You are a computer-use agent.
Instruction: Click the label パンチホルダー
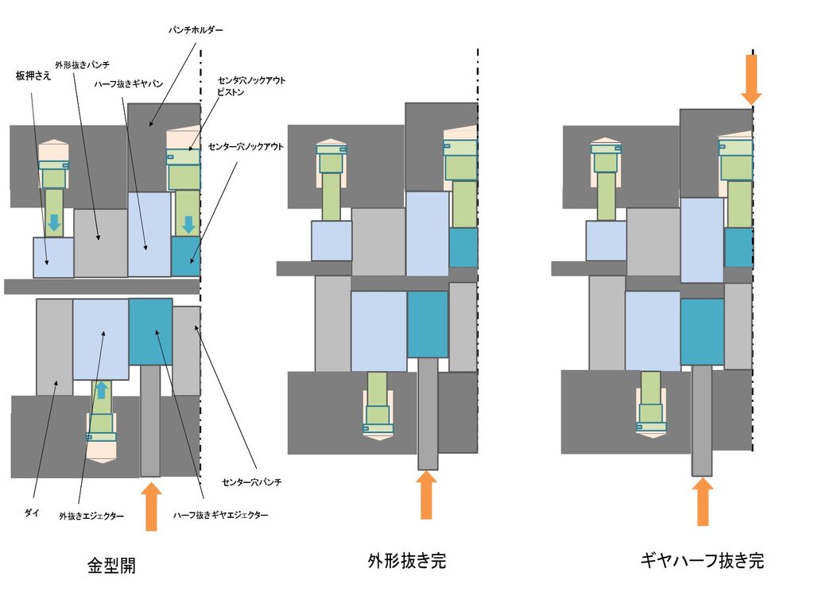[x=196, y=30]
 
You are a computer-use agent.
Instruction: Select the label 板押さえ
[x=33, y=75]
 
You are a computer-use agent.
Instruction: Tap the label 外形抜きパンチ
[x=82, y=65]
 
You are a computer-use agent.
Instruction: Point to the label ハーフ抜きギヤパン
[x=128, y=83]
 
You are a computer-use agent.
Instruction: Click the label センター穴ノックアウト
[x=246, y=147]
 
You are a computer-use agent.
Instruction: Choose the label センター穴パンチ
[x=252, y=482]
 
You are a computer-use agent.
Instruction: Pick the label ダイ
[x=32, y=512]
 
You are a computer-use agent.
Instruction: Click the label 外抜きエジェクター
[x=91, y=516]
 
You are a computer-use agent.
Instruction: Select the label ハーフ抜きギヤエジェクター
[x=221, y=515]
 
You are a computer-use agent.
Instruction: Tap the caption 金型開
[x=111, y=565]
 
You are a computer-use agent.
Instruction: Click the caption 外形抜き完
[x=407, y=561]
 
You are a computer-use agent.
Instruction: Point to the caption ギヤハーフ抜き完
[x=702, y=560]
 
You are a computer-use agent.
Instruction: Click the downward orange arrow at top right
[x=751, y=79]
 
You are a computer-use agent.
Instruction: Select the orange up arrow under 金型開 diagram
[x=151, y=506]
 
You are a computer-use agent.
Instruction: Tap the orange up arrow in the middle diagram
[x=426, y=494]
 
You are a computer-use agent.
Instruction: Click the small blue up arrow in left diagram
[x=102, y=390]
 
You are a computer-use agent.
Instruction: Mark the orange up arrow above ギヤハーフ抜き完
[x=703, y=501]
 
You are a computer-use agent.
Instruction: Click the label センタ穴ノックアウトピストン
[x=251, y=86]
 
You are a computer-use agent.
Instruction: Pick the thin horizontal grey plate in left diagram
[x=103, y=286]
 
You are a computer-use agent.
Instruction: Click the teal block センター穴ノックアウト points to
[x=186, y=257]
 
